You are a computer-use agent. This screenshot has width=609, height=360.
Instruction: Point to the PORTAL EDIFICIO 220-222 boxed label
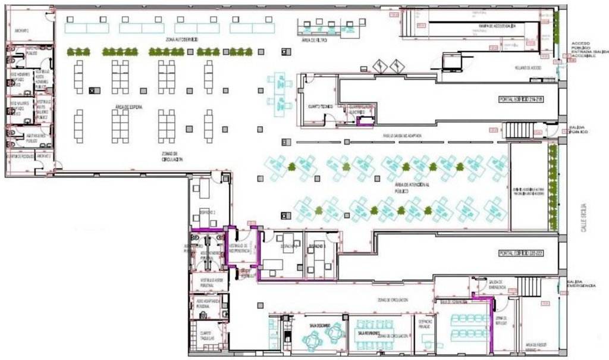point(521,253)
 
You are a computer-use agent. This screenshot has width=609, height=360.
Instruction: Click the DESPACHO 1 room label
point(206,212)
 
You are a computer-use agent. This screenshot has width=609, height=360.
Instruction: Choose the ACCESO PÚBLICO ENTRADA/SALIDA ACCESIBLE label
point(586,52)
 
